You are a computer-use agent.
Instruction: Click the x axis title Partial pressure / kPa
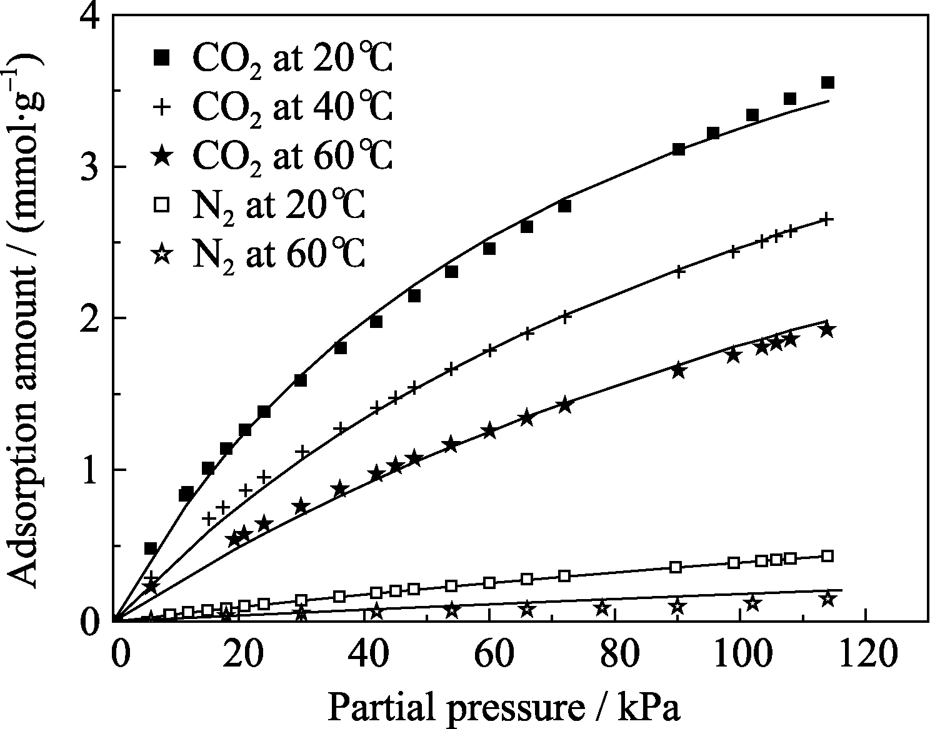coord(503,708)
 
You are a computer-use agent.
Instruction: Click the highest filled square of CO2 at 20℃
coord(827,82)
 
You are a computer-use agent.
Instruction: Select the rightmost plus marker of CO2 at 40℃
coord(826,219)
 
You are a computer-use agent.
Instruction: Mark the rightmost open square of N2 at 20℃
coord(827,556)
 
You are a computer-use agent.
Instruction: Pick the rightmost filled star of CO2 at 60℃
coord(827,329)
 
